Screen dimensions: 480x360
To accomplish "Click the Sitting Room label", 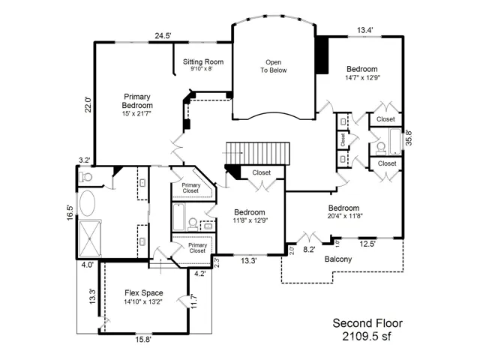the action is click(x=203, y=61).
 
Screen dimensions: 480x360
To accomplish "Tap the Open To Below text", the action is click(x=273, y=66).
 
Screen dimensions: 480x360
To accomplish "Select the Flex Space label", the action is click(x=143, y=293).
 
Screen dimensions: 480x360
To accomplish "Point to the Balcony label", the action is click(x=338, y=259).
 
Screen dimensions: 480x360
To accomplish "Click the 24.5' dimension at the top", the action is click(x=163, y=36).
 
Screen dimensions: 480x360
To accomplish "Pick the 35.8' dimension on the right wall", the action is click(x=409, y=137).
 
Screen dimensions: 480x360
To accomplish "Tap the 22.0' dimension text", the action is click(x=88, y=104).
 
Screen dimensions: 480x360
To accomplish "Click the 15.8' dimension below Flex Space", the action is click(x=143, y=340).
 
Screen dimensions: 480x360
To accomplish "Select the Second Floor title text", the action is click(x=367, y=323).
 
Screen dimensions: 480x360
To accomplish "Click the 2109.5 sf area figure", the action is click(x=367, y=337).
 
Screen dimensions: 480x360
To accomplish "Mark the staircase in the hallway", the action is click(x=258, y=153).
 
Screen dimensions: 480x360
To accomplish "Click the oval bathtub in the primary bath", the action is click(x=87, y=203).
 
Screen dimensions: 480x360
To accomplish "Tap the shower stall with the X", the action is click(x=89, y=238).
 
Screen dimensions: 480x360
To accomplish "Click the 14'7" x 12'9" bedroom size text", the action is click(x=362, y=78).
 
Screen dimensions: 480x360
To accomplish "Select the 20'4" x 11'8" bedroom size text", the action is click(x=345, y=216).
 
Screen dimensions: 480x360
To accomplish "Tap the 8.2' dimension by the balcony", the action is click(x=309, y=250).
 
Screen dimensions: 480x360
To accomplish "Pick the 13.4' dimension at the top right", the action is click(x=365, y=30).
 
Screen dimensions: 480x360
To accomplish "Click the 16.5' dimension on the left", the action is click(x=70, y=212).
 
